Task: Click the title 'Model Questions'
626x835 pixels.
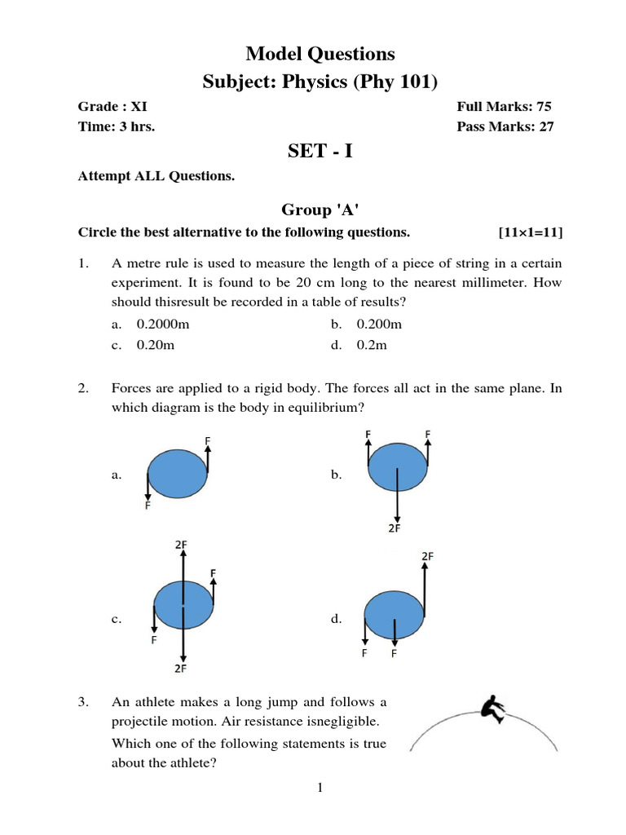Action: click(x=320, y=54)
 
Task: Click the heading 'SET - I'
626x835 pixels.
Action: click(x=320, y=151)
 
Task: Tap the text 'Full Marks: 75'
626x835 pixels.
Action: click(x=509, y=107)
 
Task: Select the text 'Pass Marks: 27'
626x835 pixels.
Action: click(x=509, y=126)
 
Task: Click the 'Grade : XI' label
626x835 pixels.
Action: click(x=112, y=107)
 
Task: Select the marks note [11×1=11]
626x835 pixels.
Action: click(x=530, y=232)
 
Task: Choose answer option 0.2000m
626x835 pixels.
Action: click(x=163, y=325)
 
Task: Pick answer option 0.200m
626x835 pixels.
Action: click(x=379, y=325)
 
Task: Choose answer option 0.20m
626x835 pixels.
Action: click(x=156, y=345)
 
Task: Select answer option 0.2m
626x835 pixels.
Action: click(x=372, y=345)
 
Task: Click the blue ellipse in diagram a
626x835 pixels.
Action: click(x=179, y=473)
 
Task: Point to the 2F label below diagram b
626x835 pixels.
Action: click(x=395, y=528)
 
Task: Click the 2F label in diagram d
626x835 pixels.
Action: click(x=427, y=555)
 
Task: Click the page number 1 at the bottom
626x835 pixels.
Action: click(x=320, y=787)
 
